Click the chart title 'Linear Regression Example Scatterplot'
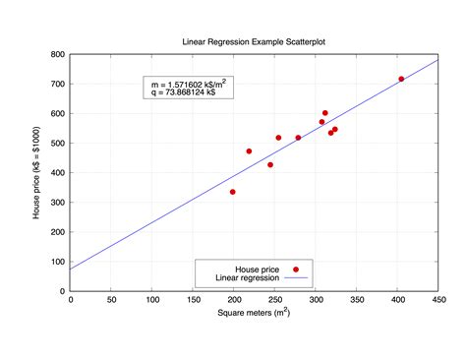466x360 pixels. (x=254, y=42)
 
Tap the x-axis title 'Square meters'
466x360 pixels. (x=254, y=313)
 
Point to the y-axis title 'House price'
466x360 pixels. (x=37, y=172)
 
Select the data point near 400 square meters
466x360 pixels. (x=401, y=79)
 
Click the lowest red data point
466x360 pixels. (x=233, y=192)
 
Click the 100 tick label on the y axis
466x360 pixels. (x=58, y=262)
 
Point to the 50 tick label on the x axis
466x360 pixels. (x=111, y=299)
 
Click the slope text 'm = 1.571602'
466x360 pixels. (x=194, y=86)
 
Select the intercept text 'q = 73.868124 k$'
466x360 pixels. (x=191, y=95)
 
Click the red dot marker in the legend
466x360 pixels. (x=295, y=269)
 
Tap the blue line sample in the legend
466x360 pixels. (x=295, y=277)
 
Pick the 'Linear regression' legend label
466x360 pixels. (x=242, y=277)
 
